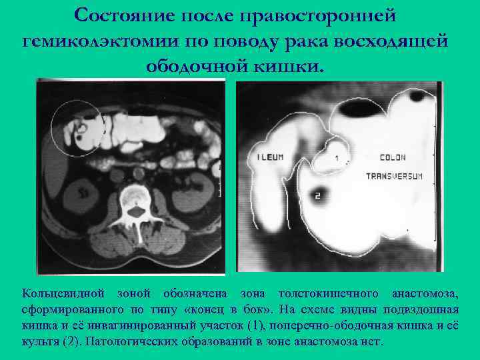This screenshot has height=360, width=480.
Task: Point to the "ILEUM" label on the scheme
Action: (x=270, y=158)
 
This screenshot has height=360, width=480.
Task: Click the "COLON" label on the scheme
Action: (x=392, y=158)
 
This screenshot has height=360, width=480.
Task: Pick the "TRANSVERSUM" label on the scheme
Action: (x=395, y=176)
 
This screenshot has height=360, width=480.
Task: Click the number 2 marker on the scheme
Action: (x=317, y=195)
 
